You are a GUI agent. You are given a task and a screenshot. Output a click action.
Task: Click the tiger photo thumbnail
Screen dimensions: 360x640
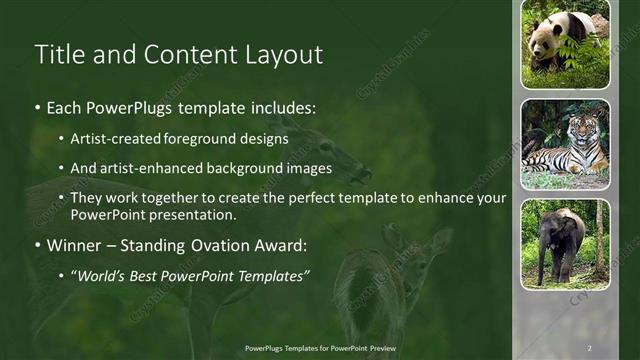click(565, 144)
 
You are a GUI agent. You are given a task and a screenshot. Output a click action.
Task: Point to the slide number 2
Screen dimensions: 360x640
click(589, 347)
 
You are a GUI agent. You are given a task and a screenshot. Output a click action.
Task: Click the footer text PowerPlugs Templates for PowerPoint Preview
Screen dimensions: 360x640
click(320, 347)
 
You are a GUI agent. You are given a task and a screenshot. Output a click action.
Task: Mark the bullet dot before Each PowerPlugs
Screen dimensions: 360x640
click(38, 107)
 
